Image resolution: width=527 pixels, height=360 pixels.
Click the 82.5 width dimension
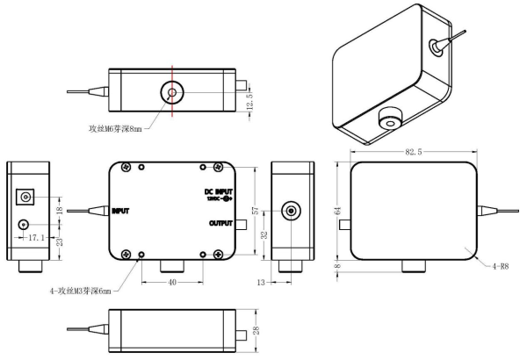415,152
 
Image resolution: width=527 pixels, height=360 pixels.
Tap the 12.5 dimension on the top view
250,103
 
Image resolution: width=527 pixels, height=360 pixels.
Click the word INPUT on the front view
120,211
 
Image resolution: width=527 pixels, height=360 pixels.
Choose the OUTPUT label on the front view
221,224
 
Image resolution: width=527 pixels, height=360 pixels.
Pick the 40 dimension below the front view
174,283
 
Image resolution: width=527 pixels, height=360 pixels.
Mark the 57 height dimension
256,212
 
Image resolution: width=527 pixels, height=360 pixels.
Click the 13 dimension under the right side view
262,283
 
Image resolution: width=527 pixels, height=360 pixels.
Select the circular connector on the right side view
290,211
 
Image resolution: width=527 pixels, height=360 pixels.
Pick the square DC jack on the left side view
25,198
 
